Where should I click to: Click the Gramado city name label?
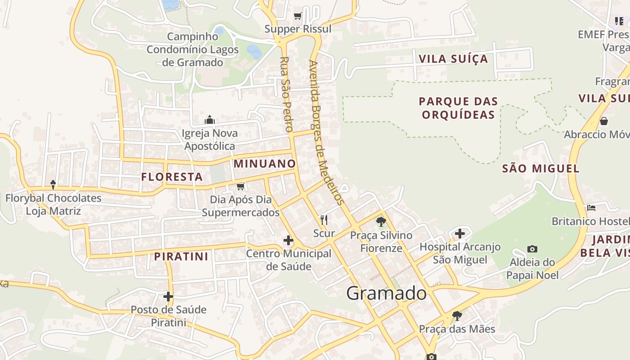click(387, 293)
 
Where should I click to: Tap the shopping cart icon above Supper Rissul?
click(297, 16)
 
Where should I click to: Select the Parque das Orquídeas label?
click(458, 108)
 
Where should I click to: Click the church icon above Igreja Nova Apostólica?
click(210, 120)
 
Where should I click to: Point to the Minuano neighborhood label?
click(265, 164)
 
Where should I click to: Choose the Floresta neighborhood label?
click(172, 177)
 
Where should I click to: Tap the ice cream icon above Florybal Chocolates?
click(53, 184)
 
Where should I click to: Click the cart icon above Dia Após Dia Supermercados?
click(240, 186)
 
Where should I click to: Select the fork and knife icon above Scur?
click(324, 220)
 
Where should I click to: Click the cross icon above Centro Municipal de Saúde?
click(288, 240)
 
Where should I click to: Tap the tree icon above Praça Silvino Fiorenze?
click(381, 221)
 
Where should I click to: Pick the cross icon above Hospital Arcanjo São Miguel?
click(459, 233)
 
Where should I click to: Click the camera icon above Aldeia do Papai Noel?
click(532, 249)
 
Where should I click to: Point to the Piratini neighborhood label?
click(181, 256)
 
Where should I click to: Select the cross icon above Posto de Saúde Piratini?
click(168, 296)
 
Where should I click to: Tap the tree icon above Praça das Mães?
click(457, 315)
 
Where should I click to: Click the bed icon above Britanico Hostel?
click(591, 208)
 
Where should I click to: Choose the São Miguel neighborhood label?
click(540, 169)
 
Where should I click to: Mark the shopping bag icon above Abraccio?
click(603, 121)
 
